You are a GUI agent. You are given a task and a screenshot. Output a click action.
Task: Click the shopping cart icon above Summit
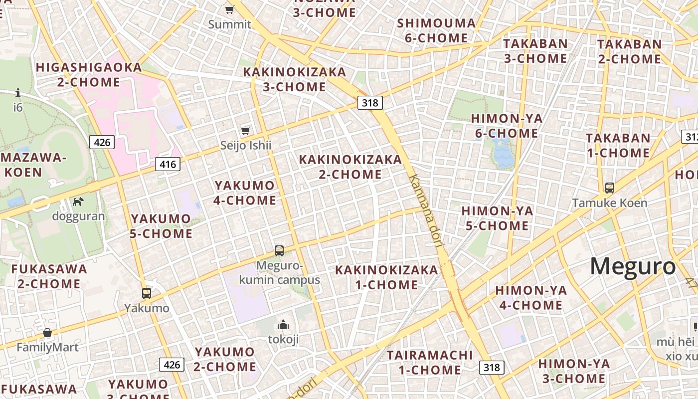pyautogui.click(x=229, y=9)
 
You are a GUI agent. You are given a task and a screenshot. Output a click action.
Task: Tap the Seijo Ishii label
pyautogui.click(x=246, y=145)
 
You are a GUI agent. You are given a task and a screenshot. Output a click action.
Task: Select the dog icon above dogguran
pyautogui.click(x=78, y=201)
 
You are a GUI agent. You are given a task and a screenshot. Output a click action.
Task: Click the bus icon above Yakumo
pyautogui.click(x=146, y=293)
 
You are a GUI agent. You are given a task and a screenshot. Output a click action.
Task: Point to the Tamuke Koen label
pyautogui.click(x=609, y=203)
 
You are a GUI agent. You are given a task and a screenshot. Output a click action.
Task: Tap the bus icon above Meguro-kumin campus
pyautogui.click(x=279, y=250)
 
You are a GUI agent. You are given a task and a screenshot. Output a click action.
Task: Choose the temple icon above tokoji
pyautogui.click(x=283, y=325)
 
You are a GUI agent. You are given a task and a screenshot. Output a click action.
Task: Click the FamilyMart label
pyautogui.click(x=47, y=347)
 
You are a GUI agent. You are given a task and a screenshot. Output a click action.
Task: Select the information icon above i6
pyautogui.click(x=18, y=93)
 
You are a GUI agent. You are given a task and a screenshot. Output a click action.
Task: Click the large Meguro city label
pyautogui.click(x=633, y=266)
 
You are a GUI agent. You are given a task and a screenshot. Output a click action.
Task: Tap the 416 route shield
pyautogui.click(x=167, y=164)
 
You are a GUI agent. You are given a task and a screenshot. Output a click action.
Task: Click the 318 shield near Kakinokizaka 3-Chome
pyautogui.click(x=369, y=103)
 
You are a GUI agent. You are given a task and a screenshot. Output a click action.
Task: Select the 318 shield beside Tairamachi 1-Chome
pyautogui.click(x=492, y=368)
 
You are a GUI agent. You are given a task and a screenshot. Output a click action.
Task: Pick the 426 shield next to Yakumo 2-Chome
pyautogui.click(x=172, y=365)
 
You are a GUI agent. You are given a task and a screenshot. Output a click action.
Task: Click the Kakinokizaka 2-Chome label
pyautogui.click(x=350, y=167)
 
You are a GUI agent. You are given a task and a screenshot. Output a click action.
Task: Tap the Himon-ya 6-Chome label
pyautogui.click(x=507, y=126)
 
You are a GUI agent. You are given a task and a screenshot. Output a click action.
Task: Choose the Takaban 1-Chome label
pyautogui.click(x=618, y=145)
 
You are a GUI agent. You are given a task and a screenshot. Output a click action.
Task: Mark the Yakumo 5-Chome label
pyautogui.click(x=161, y=226)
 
